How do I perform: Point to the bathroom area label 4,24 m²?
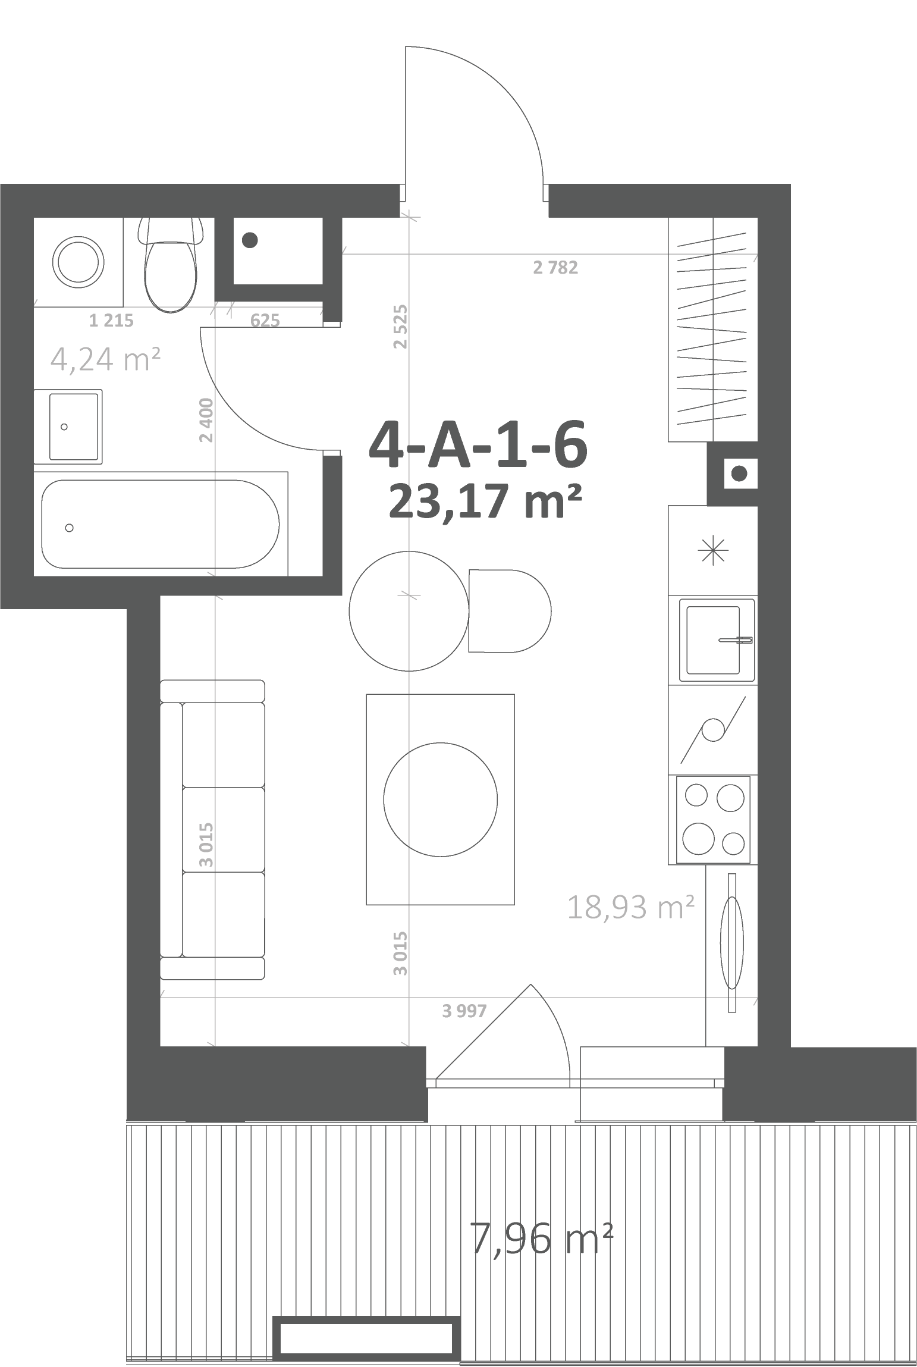pos(106,359)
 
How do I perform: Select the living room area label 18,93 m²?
pos(631,907)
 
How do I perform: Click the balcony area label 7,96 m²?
pos(541,1239)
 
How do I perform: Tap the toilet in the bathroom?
pos(170,264)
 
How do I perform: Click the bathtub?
pos(161,524)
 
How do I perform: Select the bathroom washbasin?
pos(68,427)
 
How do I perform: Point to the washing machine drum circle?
pos(78,262)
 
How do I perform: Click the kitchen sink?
pos(717,640)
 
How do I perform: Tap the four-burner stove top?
pos(714,819)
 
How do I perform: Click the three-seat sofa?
pos(212,829)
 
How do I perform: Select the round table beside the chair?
pos(409,612)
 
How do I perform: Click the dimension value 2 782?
pos(555,268)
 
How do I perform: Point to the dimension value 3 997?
pos(464,1010)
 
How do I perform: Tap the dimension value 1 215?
pos(111,321)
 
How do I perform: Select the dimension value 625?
pos(265,321)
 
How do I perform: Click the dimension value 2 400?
pos(206,420)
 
